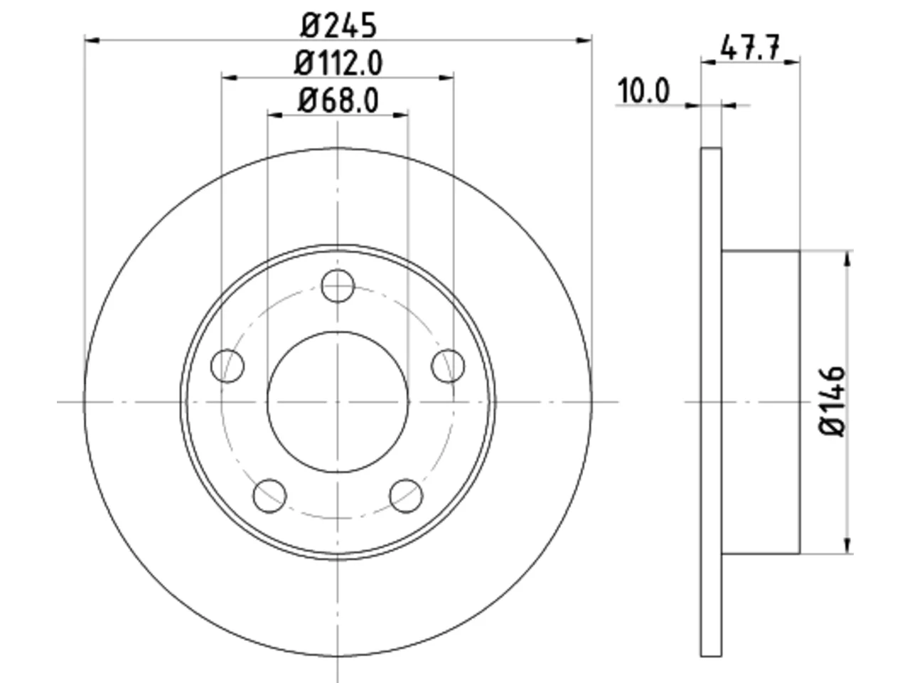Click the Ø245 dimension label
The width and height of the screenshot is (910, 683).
pos(338,26)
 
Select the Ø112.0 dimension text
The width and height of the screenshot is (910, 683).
pos(338,63)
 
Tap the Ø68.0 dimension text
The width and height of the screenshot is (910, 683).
pos(338,101)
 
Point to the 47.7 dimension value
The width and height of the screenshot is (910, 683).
pos(750,47)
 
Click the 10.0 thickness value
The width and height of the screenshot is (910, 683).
pos(643,91)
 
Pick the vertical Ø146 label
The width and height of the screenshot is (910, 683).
pos(832,401)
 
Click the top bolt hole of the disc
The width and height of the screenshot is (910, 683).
pos(338,286)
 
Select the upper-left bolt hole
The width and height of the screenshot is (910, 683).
pos(227,366)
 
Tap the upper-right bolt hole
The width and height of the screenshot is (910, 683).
pos(448,366)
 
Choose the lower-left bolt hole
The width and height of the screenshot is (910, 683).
pos(269,496)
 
